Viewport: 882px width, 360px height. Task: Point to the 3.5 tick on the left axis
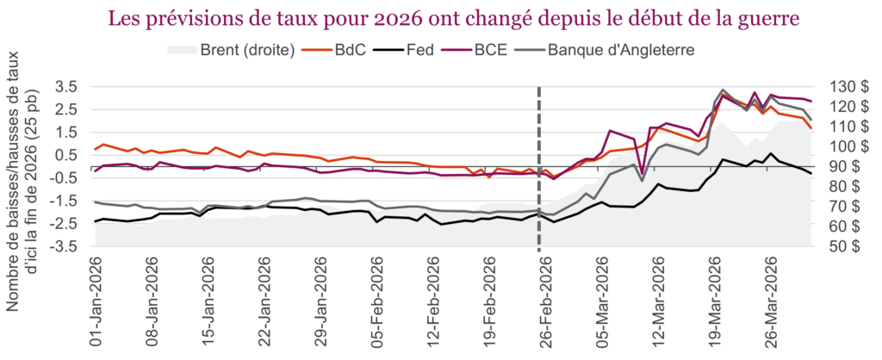[67, 87]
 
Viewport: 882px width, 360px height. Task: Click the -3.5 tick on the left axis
[65, 246]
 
